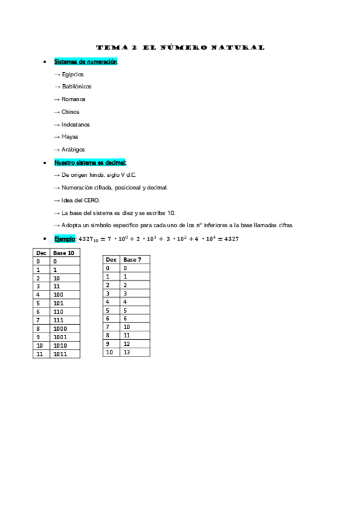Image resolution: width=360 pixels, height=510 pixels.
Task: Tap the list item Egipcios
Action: point(72,74)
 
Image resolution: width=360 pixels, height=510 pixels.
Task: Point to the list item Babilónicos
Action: point(76,87)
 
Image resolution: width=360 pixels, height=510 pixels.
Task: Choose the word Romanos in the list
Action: point(73,99)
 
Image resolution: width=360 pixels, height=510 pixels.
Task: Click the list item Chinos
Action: point(70,112)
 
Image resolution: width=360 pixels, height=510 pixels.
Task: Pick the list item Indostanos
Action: point(75,124)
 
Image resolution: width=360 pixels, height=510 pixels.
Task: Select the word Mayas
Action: point(70,137)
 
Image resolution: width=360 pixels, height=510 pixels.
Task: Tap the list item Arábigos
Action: point(73,149)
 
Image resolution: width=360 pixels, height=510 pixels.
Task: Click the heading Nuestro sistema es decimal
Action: point(90,162)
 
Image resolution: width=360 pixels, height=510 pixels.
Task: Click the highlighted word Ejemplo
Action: point(65,239)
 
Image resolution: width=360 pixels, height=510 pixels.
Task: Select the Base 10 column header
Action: point(64,253)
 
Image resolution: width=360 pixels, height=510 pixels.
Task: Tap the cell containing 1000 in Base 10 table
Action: point(61,329)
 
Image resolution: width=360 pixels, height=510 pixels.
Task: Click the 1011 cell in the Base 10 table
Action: point(61,354)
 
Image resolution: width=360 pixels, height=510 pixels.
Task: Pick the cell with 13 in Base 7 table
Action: point(127,352)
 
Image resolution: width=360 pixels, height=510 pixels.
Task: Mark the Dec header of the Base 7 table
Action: point(111,260)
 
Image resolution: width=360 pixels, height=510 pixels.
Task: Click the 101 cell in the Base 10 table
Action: point(59,304)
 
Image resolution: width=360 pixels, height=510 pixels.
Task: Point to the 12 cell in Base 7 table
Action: point(127,344)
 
